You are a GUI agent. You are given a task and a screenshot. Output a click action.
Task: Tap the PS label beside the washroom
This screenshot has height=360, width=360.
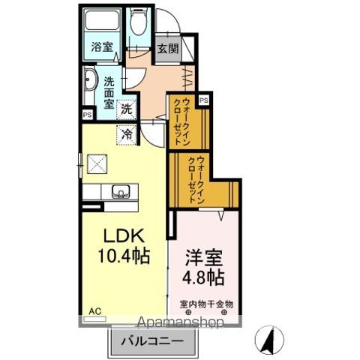click(88, 114)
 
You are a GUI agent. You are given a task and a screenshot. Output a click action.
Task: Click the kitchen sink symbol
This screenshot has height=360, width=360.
click(120, 192)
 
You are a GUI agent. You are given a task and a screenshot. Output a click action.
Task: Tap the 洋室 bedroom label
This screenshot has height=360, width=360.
click(202, 256)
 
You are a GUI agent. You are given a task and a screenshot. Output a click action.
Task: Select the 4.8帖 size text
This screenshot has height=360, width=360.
click(202, 277)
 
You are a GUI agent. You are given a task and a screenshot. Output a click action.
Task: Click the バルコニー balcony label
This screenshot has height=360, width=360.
click(153, 341)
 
